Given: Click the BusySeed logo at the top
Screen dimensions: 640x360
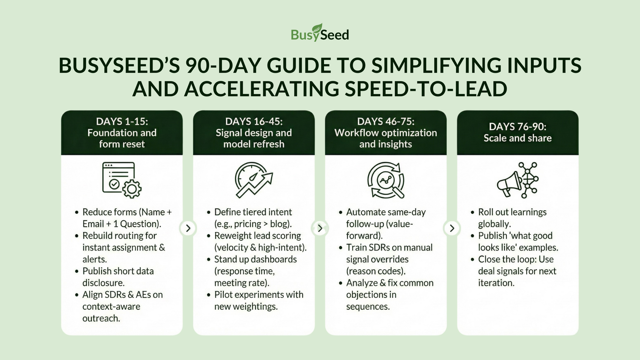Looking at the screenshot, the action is [320, 33].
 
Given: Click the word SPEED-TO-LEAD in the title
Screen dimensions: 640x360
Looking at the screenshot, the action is [426, 89].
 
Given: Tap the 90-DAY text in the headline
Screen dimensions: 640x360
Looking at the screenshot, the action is [223, 65].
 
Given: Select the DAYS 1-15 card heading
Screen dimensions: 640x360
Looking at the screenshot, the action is [122, 122].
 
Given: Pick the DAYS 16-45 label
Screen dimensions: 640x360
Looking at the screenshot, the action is [254, 122].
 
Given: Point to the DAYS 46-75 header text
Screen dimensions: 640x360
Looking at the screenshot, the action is [386, 122].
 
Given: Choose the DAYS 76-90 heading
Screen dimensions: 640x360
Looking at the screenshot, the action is [518, 127].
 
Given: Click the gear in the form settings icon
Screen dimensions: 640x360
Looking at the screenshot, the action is [132, 189].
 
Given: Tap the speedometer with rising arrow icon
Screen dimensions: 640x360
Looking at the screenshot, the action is [254, 180].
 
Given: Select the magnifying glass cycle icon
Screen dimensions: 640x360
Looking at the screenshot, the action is [386, 180].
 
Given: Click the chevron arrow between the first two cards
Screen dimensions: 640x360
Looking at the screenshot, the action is [188, 228].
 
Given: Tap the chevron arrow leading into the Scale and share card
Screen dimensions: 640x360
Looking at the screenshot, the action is [452, 228].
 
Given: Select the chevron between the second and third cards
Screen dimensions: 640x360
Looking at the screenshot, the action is [320, 228].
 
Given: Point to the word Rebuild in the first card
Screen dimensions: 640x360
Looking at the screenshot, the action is [99, 236].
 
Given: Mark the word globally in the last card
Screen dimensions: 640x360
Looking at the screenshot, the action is [494, 224].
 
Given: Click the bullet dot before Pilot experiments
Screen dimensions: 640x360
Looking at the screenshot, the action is [209, 295].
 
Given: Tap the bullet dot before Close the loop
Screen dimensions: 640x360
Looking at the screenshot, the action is [473, 260].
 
